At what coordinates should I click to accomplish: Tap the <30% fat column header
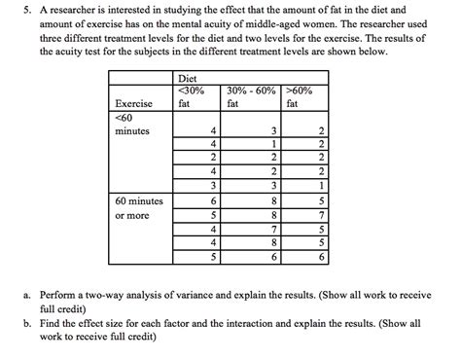193,95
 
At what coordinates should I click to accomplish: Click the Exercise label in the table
133,102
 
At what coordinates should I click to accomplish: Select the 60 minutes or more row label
139,208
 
